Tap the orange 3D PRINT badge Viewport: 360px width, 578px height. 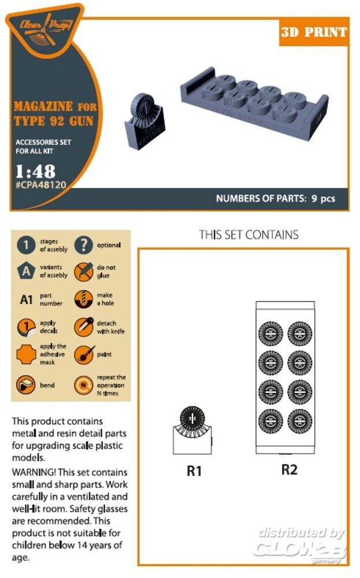314,32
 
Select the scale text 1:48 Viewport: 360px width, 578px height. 35,172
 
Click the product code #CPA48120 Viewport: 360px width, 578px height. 40,185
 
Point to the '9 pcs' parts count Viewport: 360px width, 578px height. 323,199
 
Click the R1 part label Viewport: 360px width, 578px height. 194,470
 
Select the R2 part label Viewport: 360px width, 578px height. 290,469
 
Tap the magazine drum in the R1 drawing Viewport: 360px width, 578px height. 192,419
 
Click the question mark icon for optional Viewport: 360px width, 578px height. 84,245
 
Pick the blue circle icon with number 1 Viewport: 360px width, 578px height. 26,245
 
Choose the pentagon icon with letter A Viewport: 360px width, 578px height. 26,271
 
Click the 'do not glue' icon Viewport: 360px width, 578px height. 84,272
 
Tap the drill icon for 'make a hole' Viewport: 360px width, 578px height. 84,299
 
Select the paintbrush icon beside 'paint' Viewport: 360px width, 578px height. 84,355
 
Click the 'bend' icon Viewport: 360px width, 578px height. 26,385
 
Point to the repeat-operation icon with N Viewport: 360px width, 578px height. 84,385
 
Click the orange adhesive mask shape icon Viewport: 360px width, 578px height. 26,355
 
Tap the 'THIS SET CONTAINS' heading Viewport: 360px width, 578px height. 248,235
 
